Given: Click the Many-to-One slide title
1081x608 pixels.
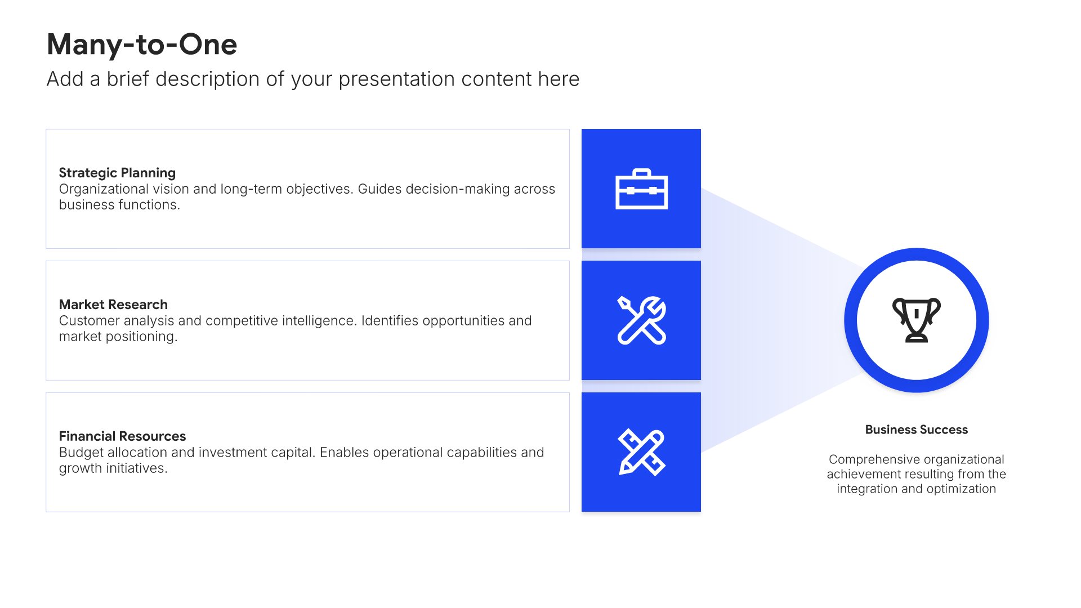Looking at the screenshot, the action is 142,44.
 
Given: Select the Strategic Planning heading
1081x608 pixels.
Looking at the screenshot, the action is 117,173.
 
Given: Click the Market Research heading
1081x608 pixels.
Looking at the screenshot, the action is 113,305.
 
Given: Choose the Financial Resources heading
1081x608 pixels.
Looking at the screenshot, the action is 122,436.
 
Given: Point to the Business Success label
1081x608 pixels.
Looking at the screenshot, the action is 917,430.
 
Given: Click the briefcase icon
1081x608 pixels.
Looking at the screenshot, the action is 641,189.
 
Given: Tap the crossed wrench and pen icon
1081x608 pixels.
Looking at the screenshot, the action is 641,320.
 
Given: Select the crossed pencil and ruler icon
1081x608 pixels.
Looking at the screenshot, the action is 641,452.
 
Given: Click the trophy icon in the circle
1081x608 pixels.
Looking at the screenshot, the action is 917,320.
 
